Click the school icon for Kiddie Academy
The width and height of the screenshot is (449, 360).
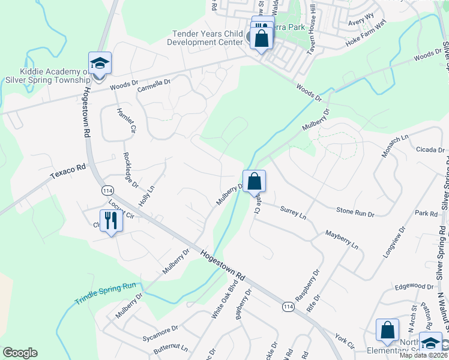click(x=100, y=63)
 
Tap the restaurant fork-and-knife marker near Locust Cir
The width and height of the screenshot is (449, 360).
click(x=111, y=220)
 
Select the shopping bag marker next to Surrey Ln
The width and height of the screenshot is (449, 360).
click(x=254, y=180)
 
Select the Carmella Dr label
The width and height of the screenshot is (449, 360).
click(x=154, y=86)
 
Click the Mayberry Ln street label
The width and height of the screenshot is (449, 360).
click(x=341, y=239)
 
